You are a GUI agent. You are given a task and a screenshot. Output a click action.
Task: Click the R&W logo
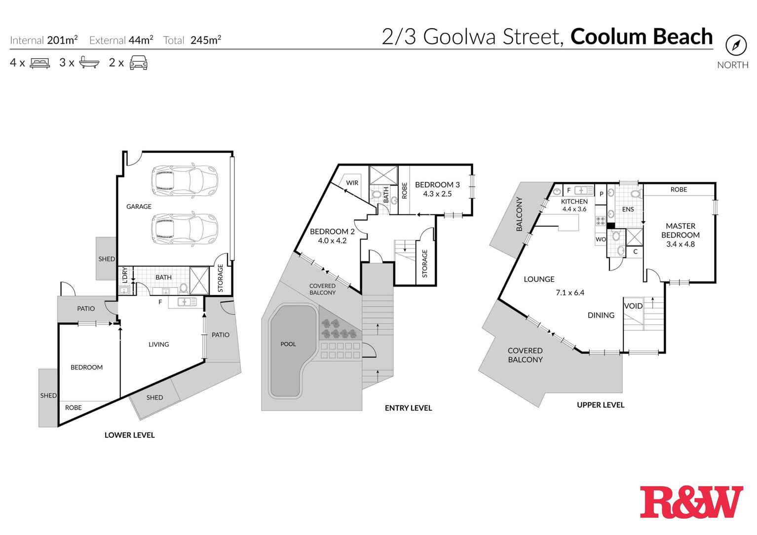(691, 502)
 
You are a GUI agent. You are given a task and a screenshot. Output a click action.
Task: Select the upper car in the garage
(185, 179)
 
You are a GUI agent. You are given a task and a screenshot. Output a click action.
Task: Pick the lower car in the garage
(185, 228)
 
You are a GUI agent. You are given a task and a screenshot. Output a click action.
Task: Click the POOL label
(288, 344)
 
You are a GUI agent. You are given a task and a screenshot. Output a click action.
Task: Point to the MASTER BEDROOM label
(681, 230)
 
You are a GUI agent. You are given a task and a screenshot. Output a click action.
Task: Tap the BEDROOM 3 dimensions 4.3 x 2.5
(437, 194)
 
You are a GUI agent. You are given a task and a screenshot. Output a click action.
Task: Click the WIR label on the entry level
(352, 183)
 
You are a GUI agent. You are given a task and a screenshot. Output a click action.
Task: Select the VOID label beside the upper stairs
(634, 306)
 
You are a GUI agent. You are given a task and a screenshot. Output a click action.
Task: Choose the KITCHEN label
(574, 202)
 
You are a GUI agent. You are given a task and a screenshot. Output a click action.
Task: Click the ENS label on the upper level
(628, 210)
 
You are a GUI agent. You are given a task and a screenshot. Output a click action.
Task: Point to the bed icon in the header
(40, 63)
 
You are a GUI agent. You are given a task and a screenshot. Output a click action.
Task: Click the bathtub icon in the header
(89, 63)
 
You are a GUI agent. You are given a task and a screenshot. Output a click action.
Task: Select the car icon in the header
(139, 63)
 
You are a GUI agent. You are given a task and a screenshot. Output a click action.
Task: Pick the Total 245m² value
(206, 40)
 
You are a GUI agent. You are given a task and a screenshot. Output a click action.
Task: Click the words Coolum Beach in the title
(642, 37)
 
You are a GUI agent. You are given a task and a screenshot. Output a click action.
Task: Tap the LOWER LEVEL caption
(130, 435)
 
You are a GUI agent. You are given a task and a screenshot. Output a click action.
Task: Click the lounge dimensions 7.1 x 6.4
(570, 292)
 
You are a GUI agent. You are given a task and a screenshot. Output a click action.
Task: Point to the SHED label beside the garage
(107, 259)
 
